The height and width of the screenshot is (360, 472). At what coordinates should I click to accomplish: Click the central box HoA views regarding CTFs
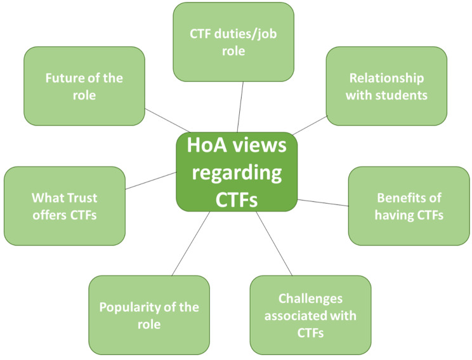point(236,172)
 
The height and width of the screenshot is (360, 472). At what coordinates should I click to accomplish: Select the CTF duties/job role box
point(233,42)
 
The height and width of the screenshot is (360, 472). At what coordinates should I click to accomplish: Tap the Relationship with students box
point(386,86)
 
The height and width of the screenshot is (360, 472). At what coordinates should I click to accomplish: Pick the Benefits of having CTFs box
point(409,206)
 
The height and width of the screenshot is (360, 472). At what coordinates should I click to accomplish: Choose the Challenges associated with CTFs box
point(310,316)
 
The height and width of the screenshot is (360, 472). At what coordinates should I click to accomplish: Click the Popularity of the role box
point(149,316)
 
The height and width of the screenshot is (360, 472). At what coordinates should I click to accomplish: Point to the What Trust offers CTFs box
point(64,206)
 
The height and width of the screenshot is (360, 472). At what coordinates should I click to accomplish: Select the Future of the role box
point(84,86)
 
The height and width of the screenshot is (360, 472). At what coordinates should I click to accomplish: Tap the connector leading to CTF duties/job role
point(240,107)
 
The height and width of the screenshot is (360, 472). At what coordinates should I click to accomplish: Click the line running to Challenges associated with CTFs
point(274,243)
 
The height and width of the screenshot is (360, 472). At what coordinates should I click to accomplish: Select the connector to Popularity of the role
point(190,243)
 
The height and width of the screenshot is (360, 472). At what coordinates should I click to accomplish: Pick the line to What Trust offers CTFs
point(150,180)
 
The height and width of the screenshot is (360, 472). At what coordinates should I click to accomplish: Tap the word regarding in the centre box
point(236,172)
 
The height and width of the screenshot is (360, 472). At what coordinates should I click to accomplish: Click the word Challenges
point(310,299)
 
